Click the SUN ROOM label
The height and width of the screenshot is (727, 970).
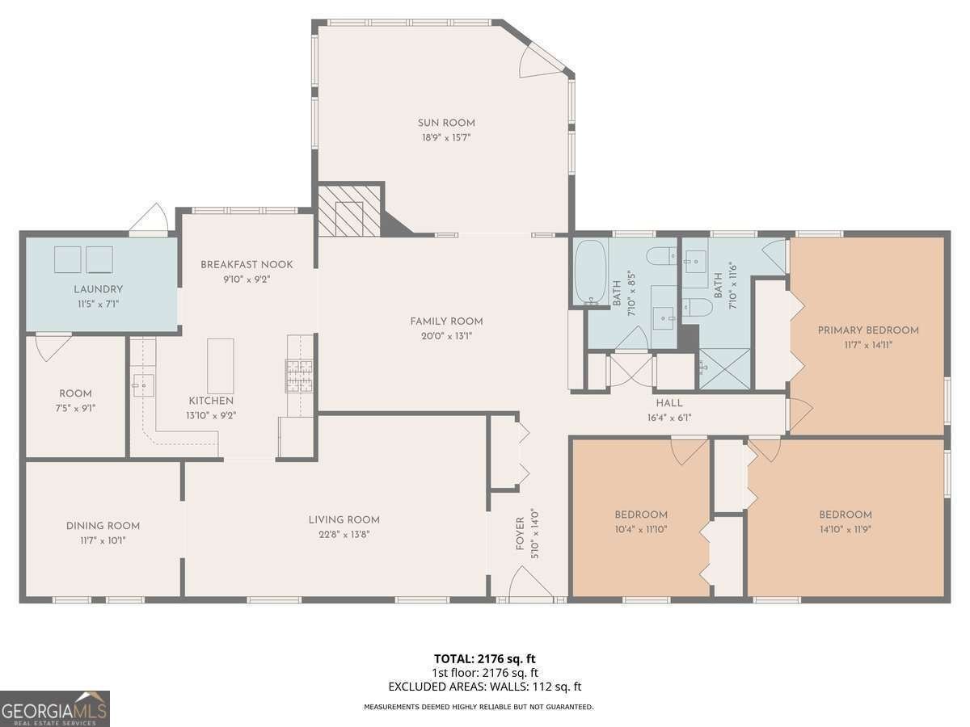pyautogui.click(x=446, y=123)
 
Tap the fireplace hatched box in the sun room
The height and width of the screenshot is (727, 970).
pyautogui.click(x=348, y=210)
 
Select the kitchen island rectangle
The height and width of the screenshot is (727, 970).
pyautogui.click(x=220, y=366)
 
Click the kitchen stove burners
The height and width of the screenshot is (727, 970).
pyautogui.click(x=298, y=376)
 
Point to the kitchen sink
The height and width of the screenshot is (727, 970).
pyautogui.click(x=144, y=385)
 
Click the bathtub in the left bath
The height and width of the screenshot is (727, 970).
pyautogui.click(x=590, y=272)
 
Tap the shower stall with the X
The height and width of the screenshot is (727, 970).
pyautogui.click(x=723, y=368)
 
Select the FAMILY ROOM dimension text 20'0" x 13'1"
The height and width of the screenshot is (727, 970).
pyautogui.click(x=446, y=335)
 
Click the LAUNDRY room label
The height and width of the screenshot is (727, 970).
pyautogui.click(x=98, y=289)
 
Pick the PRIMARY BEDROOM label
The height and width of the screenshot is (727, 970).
pyautogui.click(x=868, y=330)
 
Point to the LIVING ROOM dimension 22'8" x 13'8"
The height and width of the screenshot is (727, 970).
pyautogui.click(x=344, y=534)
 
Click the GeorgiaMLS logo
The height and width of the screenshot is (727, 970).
pyautogui.click(x=55, y=708)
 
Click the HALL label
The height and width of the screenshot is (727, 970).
pyautogui.click(x=669, y=403)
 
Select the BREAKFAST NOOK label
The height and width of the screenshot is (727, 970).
pyautogui.click(x=247, y=264)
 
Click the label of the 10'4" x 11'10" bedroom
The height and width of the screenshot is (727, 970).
pyautogui.click(x=641, y=515)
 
